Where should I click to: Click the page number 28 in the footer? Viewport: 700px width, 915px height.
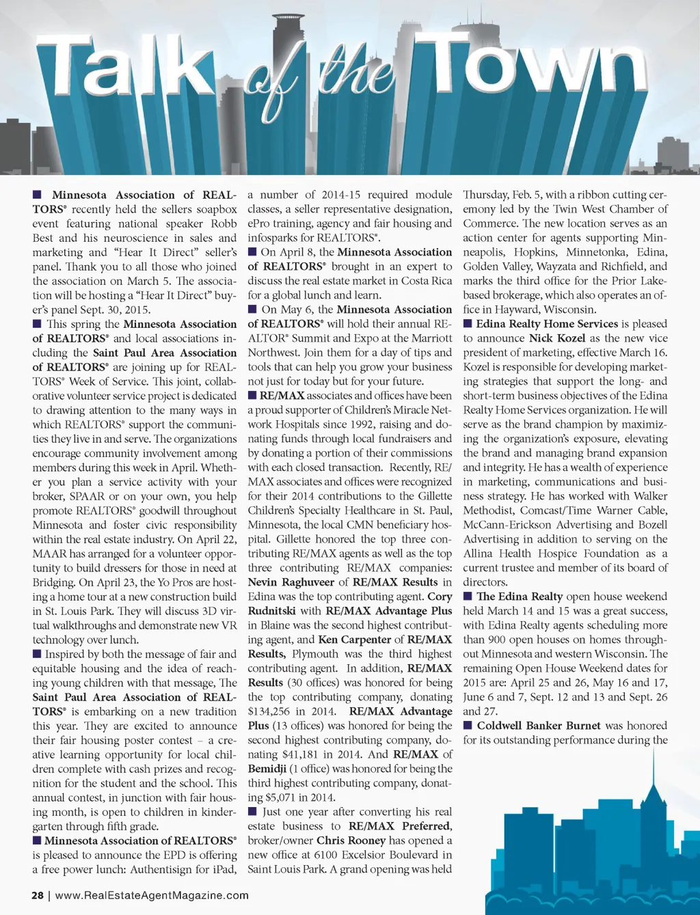[x=38, y=895]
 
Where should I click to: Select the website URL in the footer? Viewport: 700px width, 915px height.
[x=152, y=895]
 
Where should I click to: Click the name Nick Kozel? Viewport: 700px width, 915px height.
[x=557, y=338]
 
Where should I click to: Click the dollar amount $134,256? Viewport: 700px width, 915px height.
[x=271, y=711]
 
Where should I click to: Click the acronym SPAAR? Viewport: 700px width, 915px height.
[x=88, y=496]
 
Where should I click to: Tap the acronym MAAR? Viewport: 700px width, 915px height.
[x=50, y=554]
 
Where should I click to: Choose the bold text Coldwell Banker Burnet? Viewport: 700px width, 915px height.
[x=539, y=726]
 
